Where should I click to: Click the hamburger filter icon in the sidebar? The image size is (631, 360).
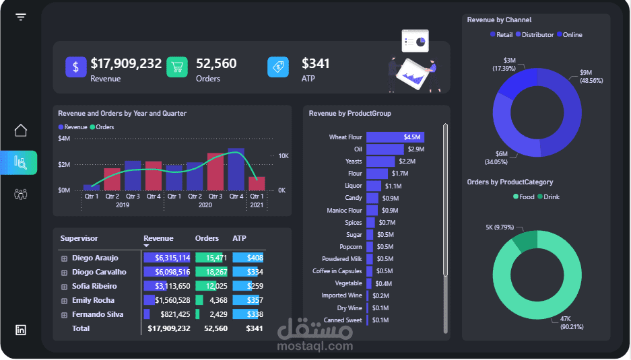(x=21, y=17)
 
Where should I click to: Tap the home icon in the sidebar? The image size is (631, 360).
(x=21, y=131)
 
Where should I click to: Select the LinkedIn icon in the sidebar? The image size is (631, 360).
(x=21, y=330)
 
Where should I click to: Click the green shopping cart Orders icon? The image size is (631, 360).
(x=177, y=67)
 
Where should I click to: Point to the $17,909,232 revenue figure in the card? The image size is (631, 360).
(x=126, y=63)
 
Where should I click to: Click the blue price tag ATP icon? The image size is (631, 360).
(x=278, y=67)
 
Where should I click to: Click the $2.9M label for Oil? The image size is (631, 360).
(x=416, y=149)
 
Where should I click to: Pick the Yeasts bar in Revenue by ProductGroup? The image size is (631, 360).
(x=380, y=161)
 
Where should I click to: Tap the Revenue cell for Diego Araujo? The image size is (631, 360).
(x=167, y=258)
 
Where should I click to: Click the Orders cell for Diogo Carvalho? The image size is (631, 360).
(x=211, y=272)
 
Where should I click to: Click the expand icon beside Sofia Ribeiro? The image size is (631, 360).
(x=65, y=287)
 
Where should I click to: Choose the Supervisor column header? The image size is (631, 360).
(x=79, y=238)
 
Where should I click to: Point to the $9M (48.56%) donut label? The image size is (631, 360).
(x=591, y=76)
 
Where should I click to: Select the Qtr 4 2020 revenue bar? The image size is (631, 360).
(x=236, y=169)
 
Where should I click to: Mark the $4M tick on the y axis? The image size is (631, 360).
(x=64, y=139)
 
